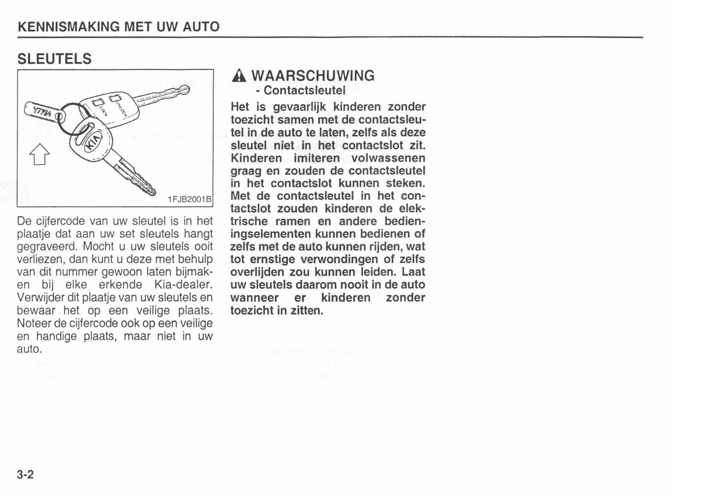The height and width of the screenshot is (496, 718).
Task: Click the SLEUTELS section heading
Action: coord(54,59)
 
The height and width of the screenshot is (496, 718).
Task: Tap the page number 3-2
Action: coord(25,475)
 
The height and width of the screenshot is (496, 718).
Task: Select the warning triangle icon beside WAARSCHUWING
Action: coord(239,76)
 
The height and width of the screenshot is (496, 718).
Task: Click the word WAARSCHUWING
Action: coord(313,76)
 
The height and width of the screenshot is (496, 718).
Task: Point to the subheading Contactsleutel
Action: coord(304,90)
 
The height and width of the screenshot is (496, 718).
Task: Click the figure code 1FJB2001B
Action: coord(189,199)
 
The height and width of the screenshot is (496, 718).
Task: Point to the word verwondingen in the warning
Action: coord(340,259)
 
